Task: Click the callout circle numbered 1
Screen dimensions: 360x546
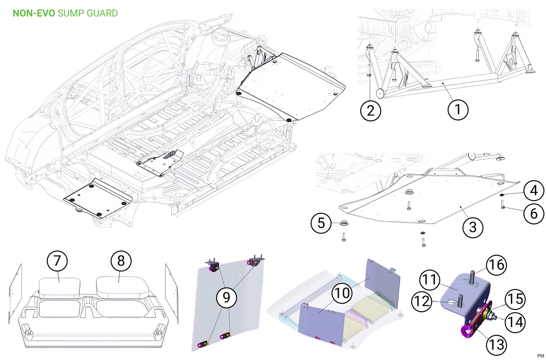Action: pos(458,110)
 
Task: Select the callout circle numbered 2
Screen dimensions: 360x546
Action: pos(371,110)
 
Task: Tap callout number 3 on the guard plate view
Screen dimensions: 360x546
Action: pos(472,227)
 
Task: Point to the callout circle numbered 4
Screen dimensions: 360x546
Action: pos(534,190)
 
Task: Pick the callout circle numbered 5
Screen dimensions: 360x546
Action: pos(321,223)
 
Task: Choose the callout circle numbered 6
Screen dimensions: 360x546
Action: pos(534,213)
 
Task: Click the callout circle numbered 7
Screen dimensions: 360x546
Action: pos(57,261)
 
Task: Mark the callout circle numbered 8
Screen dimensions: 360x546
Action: pos(121,261)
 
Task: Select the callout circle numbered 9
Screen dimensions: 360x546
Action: pos(226,297)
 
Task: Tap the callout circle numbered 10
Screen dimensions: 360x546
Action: pos(342,293)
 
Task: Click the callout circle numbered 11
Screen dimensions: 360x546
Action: pos(430,280)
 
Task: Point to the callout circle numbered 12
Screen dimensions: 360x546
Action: pos(422,301)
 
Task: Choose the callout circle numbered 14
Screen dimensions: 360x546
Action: pos(515,322)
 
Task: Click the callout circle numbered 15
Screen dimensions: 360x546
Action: pos(515,299)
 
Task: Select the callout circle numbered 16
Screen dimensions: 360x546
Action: pos(496,265)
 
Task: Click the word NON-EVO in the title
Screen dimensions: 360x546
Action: pos(34,13)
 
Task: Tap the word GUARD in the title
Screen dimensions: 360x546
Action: pos(102,13)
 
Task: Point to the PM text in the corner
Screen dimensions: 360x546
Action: pos(540,356)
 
